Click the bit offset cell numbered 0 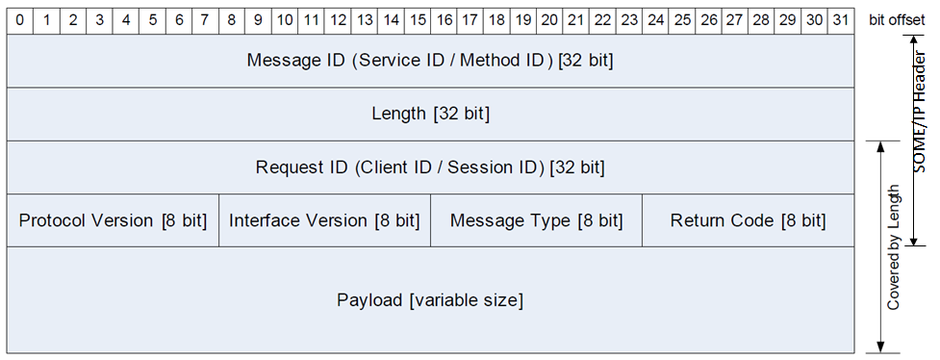20,19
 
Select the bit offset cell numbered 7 205,19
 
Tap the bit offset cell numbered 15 418,19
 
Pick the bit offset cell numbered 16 444,19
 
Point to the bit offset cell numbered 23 629,19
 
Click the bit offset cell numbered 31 841,19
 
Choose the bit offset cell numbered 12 338,19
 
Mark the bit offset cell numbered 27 735,19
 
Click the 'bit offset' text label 896,19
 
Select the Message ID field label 430,61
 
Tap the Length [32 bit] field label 430,114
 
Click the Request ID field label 430,167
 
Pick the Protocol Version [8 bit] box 113,220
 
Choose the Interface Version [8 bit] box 324,220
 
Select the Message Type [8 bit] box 536,220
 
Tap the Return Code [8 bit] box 748,220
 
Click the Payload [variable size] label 430,300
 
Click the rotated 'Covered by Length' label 894,246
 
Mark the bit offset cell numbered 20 549,19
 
